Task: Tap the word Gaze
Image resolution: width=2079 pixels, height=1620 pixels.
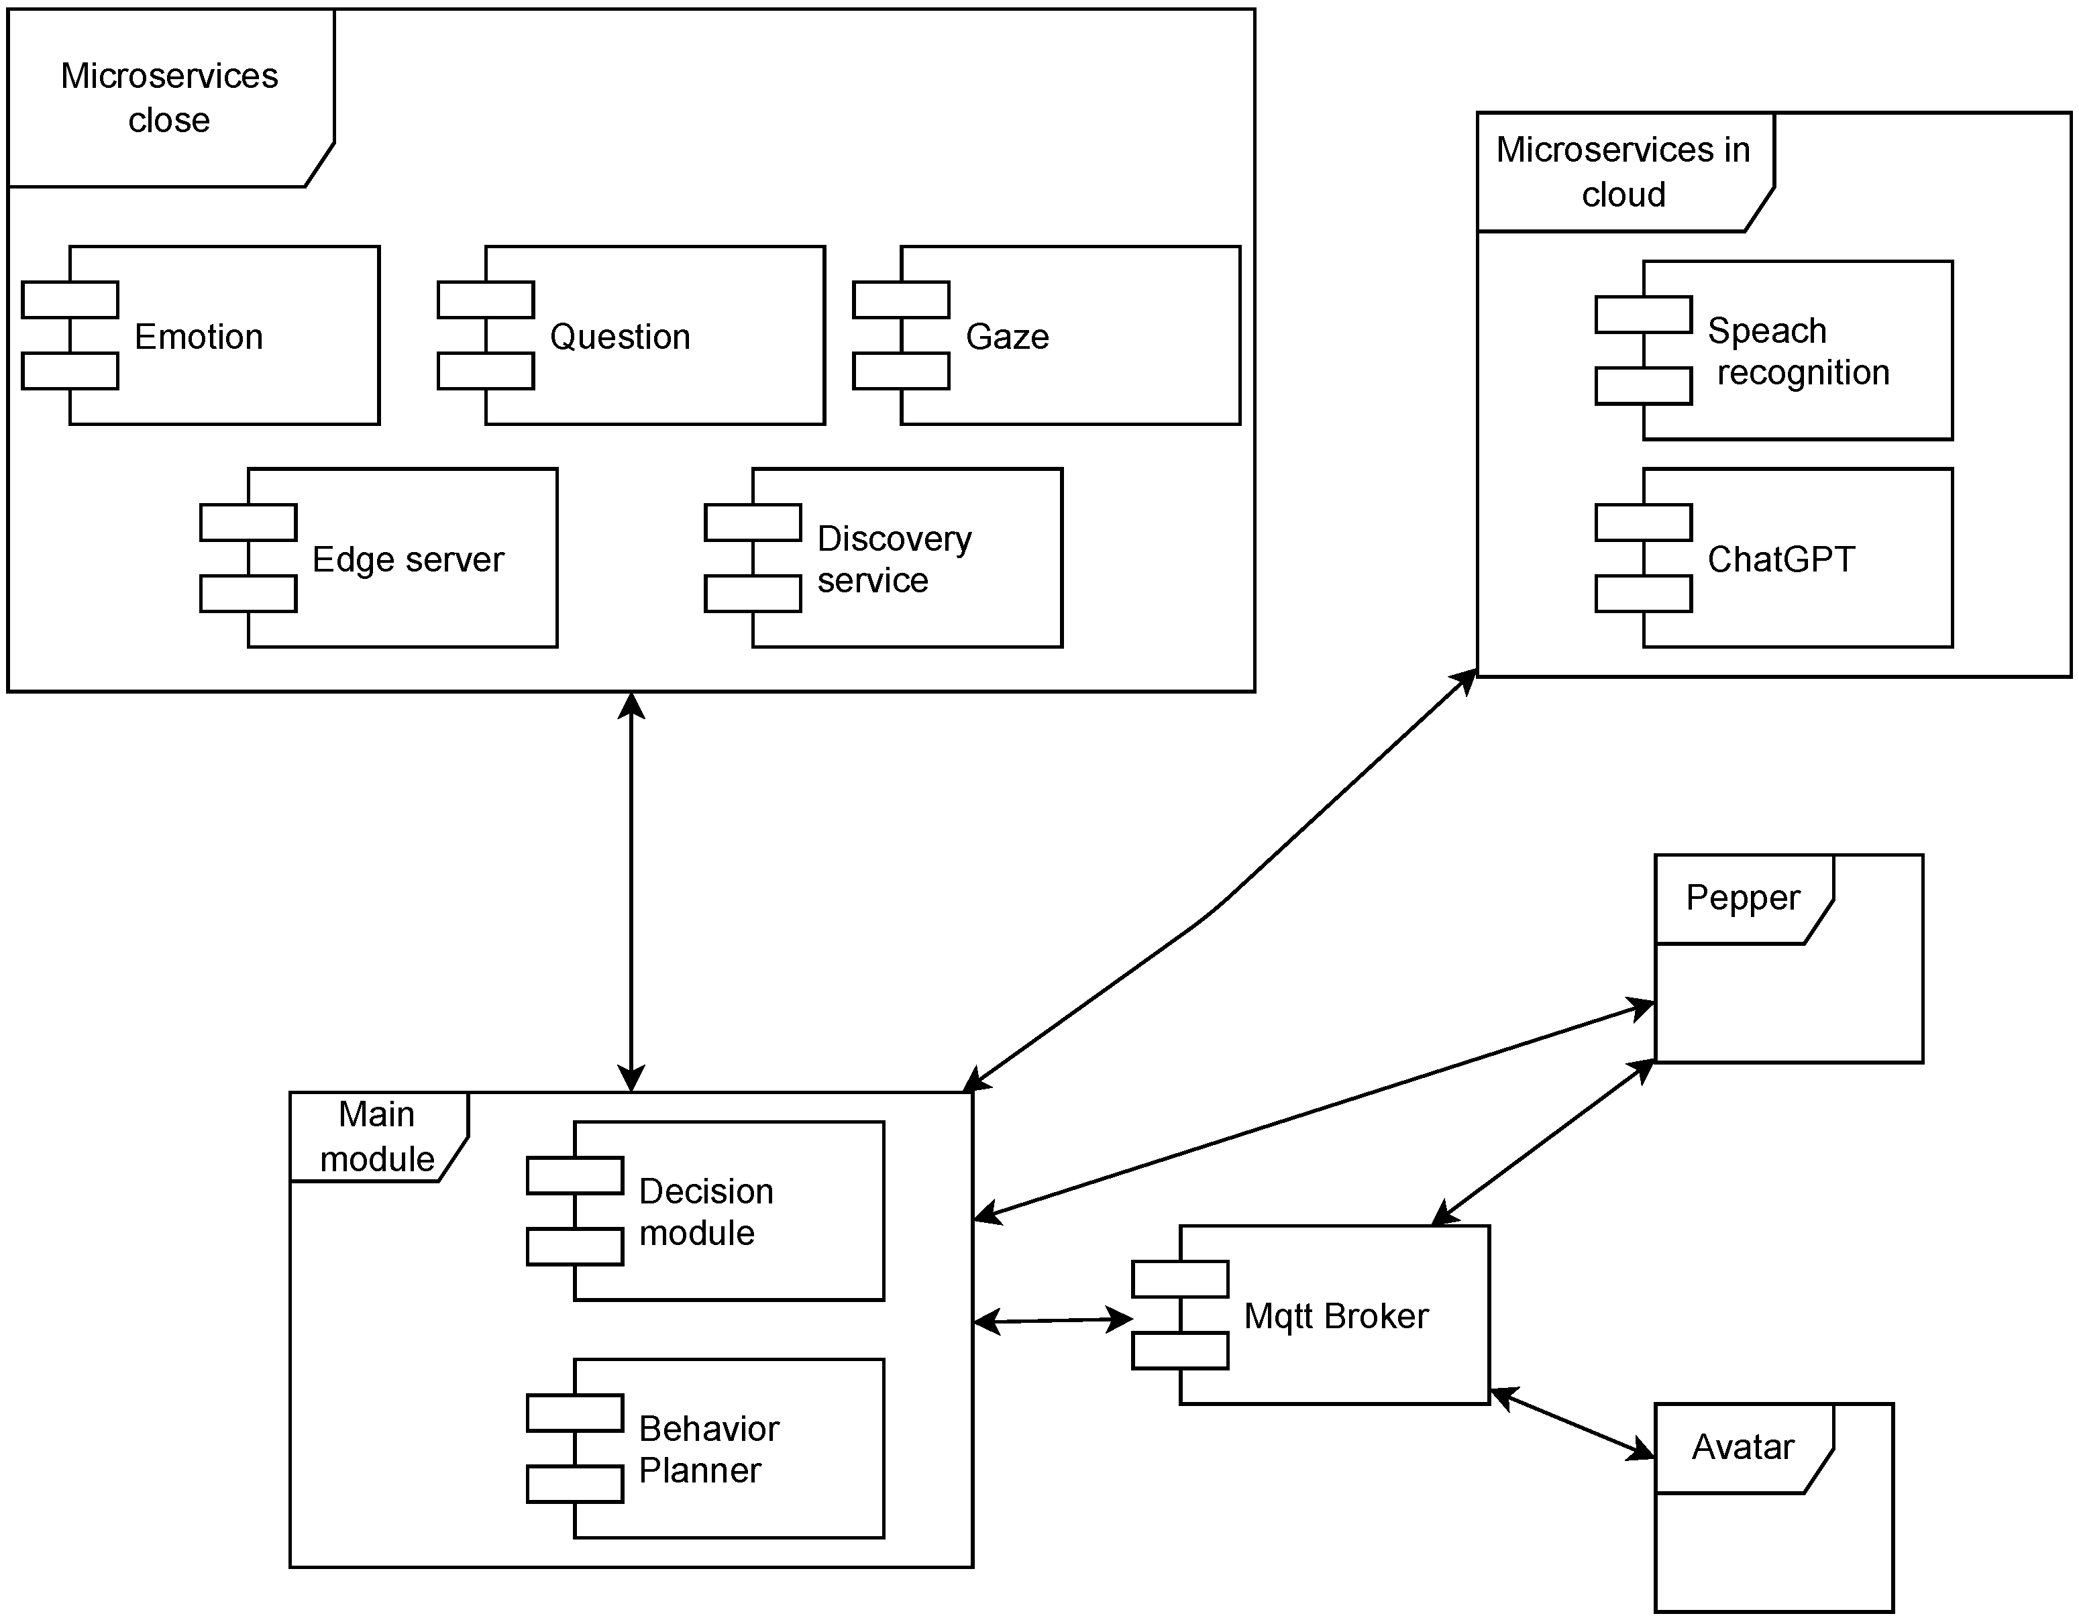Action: (x=1007, y=337)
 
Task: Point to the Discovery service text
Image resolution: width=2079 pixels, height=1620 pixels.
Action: (x=893, y=559)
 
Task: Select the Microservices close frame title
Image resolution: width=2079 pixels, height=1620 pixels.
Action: (x=170, y=97)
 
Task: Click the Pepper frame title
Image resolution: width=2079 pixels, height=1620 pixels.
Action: (x=1742, y=898)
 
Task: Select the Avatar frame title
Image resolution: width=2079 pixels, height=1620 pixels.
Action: (x=1742, y=1447)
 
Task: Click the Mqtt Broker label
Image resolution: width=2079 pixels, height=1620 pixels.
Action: (x=1336, y=1316)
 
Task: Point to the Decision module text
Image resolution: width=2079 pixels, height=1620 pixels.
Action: (x=705, y=1211)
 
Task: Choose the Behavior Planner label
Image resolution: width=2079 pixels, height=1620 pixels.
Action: (x=708, y=1450)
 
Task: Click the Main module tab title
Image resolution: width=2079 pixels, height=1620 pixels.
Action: (x=377, y=1136)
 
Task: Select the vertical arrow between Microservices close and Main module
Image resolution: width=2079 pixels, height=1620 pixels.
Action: (x=631, y=892)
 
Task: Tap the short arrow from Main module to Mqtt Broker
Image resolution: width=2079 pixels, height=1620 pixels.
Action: (x=1053, y=1320)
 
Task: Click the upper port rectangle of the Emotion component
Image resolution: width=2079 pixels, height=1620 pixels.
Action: (x=70, y=300)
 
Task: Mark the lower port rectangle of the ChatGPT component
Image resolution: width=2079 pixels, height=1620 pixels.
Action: (x=1643, y=594)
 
